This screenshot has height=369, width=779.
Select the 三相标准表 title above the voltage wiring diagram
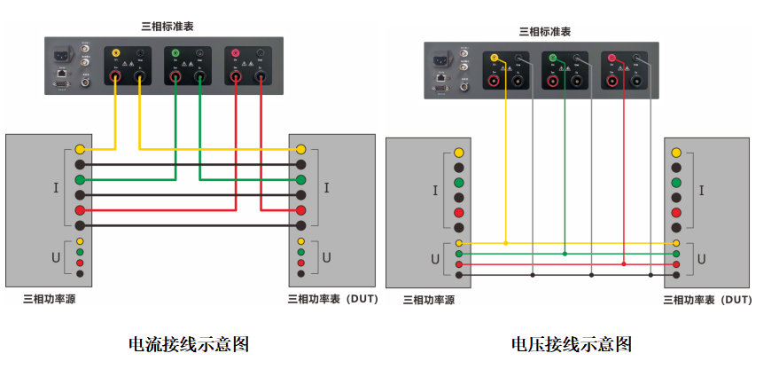coord(544,31)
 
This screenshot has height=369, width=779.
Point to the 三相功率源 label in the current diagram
coord(49,299)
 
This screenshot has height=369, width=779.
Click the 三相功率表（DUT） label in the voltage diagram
coord(708,300)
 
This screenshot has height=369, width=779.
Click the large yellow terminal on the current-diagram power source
coord(80,149)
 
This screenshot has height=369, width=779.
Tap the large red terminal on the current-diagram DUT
coord(301,210)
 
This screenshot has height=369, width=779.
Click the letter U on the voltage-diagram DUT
coord(702,259)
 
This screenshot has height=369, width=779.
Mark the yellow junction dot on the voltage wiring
coord(506,243)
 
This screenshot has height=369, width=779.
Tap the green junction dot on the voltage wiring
coord(565,254)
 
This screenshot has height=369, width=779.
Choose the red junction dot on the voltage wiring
coord(624,264)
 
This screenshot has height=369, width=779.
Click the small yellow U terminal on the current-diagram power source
coord(80,241)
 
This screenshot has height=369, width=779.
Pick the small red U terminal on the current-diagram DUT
coord(301,263)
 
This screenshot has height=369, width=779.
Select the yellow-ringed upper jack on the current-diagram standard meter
coord(115,54)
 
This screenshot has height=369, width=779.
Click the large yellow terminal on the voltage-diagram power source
coord(459,153)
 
